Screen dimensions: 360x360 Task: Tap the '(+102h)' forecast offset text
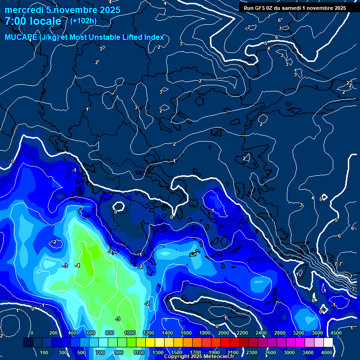(x=83, y=21)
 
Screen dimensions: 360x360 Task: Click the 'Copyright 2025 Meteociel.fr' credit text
(x=199, y=357)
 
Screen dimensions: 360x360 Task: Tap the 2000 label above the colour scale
(x=223, y=333)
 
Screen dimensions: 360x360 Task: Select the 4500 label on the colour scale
(x=336, y=333)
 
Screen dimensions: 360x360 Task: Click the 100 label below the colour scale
(x=45, y=352)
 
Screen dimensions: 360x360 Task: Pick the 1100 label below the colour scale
(x=139, y=352)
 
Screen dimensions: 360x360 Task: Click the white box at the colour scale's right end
(x=328, y=343)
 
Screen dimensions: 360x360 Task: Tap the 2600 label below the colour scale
(x=271, y=352)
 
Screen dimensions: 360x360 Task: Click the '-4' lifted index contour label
(x=77, y=265)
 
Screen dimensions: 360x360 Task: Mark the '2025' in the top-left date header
(x=110, y=10)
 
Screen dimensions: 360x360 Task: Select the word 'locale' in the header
(x=45, y=22)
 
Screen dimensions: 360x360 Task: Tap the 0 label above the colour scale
(x=31, y=333)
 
